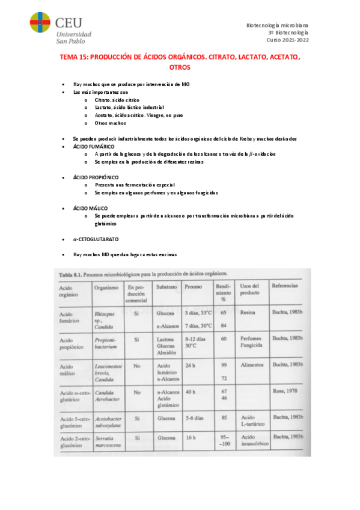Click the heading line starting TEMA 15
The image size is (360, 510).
180,57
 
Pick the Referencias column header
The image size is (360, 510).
284,285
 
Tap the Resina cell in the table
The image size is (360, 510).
247,313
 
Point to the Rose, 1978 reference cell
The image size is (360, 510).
282,392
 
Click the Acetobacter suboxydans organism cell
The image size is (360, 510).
109,419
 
